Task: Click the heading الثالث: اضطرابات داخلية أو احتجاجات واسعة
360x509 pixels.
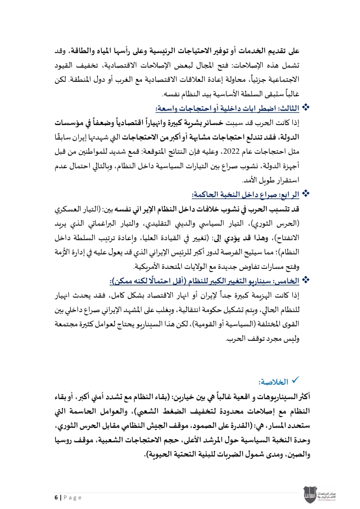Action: point(228,108)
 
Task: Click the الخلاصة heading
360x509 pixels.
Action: point(273,382)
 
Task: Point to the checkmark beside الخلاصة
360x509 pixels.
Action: point(295,380)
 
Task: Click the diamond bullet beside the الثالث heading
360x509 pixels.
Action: point(306,107)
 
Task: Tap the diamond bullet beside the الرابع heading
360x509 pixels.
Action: point(306,194)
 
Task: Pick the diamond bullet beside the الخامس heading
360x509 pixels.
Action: point(306,280)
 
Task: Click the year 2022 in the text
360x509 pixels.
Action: point(231,152)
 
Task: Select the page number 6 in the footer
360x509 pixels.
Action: point(56,497)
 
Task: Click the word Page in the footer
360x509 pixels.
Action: point(73,497)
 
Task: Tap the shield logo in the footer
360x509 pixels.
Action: point(310,495)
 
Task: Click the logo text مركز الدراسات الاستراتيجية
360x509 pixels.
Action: point(327,495)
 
